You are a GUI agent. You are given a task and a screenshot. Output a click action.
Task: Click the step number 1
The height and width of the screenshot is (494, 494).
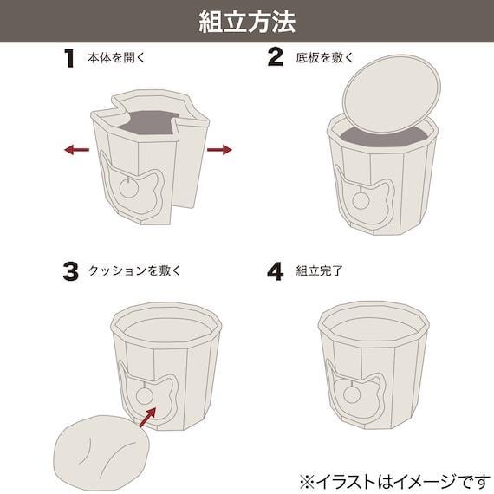tap(68, 59)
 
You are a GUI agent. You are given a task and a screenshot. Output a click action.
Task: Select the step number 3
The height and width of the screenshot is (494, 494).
tap(69, 270)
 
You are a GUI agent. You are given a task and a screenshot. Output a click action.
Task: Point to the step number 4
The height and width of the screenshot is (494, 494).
tap(276, 270)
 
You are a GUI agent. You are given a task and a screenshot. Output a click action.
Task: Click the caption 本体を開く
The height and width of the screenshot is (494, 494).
tap(116, 60)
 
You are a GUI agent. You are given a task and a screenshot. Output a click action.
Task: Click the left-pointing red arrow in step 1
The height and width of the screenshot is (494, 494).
tap(76, 150)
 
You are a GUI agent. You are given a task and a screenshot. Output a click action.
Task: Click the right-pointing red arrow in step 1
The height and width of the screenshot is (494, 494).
tap(219, 150)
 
